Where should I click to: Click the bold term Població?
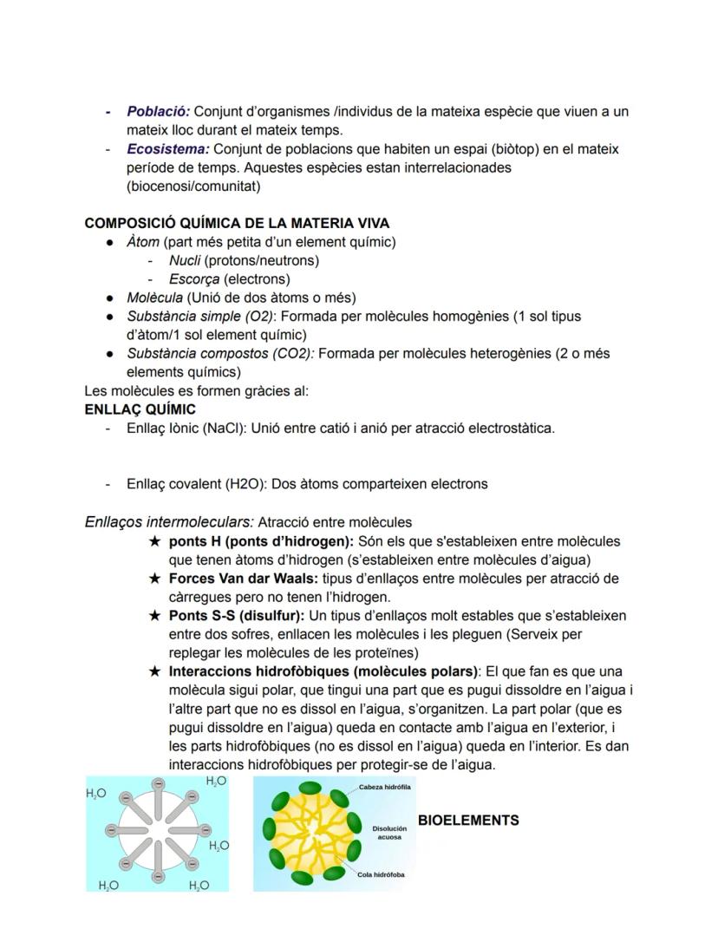click(158, 112)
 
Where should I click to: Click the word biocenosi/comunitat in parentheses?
click(193, 186)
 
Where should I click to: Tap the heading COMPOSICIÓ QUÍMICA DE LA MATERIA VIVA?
click(237, 224)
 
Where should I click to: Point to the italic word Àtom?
click(143, 242)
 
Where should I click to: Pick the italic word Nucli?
click(185, 260)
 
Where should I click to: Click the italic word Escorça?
click(194, 279)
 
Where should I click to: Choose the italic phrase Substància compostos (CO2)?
click(221, 354)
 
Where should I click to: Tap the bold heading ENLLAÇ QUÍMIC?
click(140, 409)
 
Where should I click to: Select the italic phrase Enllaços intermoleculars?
click(169, 522)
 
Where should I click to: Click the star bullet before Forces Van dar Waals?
click(155, 579)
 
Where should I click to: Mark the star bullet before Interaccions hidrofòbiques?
click(155, 672)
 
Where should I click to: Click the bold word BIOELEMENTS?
click(468, 821)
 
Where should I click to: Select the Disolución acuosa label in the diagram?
click(389, 833)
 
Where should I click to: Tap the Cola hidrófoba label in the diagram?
click(381, 875)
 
